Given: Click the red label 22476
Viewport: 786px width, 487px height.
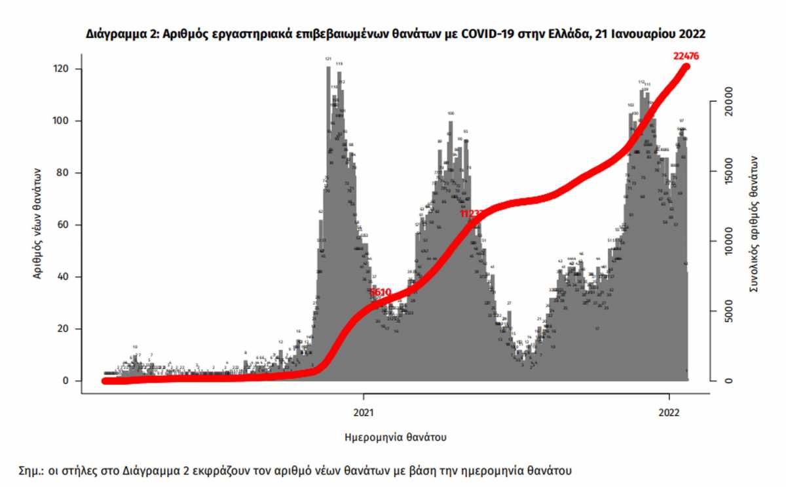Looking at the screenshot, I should [686, 56].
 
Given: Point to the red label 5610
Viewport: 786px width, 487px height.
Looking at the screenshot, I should [380, 292].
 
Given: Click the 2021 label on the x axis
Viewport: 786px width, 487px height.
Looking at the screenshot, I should [364, 414].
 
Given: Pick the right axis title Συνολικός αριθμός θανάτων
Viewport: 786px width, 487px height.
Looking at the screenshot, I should [754, 224].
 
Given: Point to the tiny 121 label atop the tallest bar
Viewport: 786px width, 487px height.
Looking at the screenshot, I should [328, 59].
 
